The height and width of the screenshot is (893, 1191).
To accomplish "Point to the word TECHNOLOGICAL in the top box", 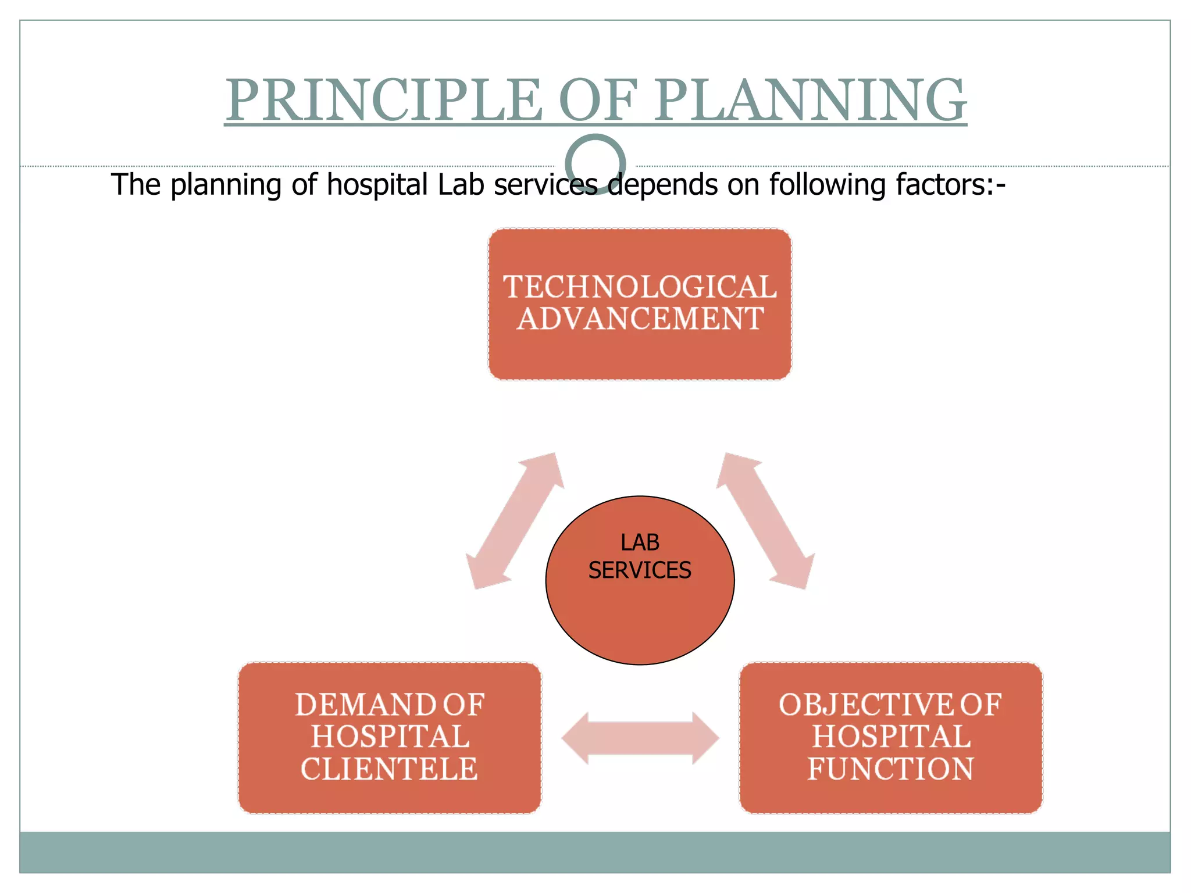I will (x=640, y=287).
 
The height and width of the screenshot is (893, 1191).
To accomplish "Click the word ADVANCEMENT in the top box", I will (x=640, y=319).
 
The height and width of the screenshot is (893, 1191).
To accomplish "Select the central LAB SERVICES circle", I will (x=640, y=616).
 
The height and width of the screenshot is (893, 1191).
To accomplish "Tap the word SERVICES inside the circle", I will (x=640, y=570).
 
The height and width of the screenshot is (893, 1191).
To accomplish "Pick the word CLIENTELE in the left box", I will (x=389, y=769).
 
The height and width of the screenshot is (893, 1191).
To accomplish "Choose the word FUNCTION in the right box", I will (x=890, y=769).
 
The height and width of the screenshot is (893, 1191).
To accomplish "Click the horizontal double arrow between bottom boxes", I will (x=640, y=738).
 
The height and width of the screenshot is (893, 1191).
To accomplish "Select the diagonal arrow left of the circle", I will (x=515, y=521).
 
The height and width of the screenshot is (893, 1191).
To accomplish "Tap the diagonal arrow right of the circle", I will (x=765, y=521).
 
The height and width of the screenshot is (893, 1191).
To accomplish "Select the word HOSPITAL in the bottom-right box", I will (x=891, y=737).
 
